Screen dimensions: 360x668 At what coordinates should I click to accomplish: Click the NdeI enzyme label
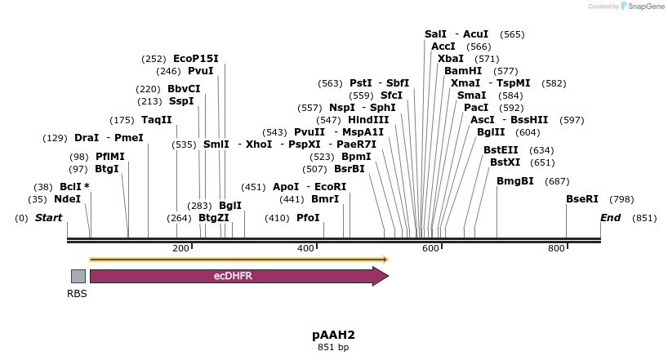tap(67, 199)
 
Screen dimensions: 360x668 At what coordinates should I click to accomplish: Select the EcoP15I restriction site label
tap(196, 59)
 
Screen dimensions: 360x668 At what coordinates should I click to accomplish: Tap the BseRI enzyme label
tap(582, 199)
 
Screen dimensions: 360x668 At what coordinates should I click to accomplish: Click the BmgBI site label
tap(515, 181)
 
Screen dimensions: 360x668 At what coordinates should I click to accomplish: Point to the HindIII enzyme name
tap(368, 120)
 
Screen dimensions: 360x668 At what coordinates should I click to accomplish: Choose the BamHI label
tap(463, 71)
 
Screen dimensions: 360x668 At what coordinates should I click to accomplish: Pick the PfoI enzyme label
tap(308, 218)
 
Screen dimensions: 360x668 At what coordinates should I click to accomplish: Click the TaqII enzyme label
tap(157, 120)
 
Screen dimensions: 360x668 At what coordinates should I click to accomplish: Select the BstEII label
tap(501, 150)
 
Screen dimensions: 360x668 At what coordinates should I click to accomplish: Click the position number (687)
tap(557, 181)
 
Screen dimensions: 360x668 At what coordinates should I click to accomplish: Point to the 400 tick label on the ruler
tap(305, 248)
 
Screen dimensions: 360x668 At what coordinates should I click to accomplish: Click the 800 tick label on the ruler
tap(556, 248)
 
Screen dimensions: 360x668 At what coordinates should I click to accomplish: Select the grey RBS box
tap(78, 276)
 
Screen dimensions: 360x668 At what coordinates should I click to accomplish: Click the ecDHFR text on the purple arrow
tap(233, 276)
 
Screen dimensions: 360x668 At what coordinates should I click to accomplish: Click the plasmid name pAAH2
tap(333, 335)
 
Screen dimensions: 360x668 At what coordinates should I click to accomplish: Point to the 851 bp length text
tap(333, 348)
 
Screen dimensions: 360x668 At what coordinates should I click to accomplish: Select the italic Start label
tap(49, 218)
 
